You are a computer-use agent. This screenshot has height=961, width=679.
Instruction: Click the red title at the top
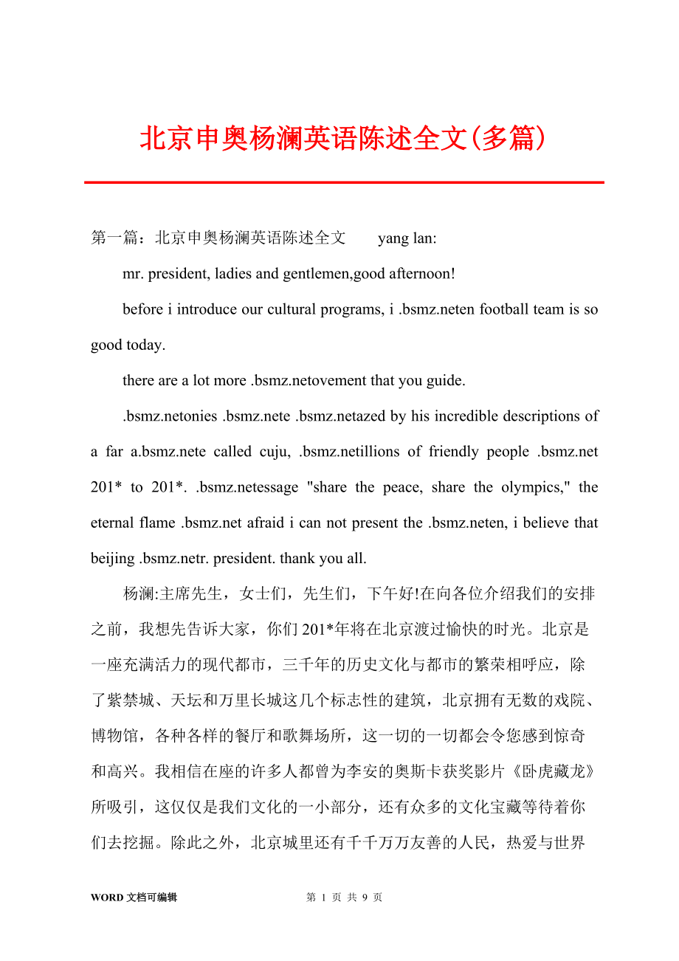point(343,138)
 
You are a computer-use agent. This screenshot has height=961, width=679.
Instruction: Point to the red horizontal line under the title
point(344,182)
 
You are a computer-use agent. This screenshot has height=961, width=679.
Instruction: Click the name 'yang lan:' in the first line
point(407,238)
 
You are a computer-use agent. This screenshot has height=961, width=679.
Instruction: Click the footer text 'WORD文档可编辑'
point(134,898)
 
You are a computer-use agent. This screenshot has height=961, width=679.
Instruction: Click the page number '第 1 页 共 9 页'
point(344,898)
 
